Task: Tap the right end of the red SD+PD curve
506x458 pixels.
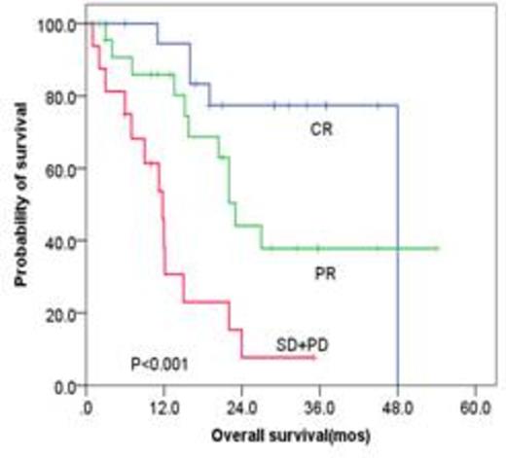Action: pos(313,357)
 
